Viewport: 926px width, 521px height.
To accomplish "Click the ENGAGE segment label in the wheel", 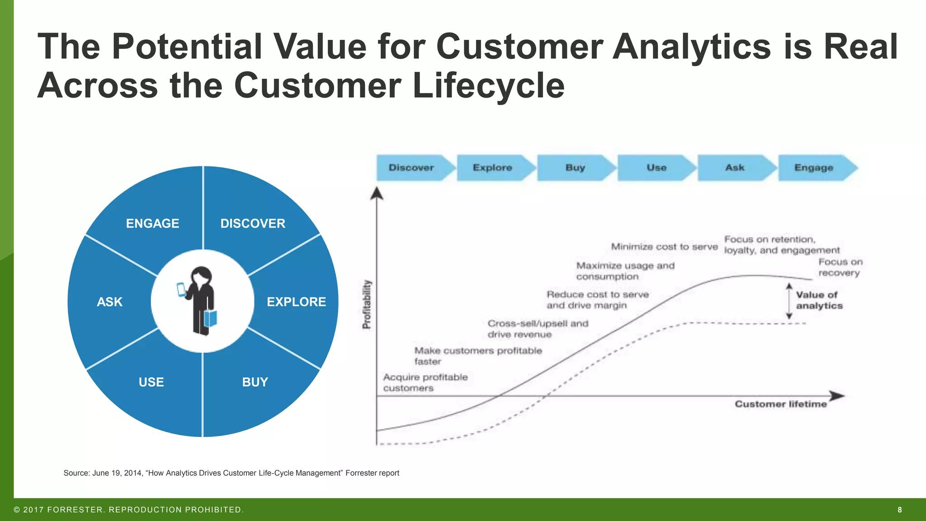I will point(152,223).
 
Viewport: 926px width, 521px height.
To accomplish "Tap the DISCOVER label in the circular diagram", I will point(253,223).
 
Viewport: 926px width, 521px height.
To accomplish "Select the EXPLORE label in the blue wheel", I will point(296,302).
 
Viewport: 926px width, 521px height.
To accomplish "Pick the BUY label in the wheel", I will point(255,382).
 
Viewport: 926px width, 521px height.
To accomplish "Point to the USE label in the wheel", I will point(151,382).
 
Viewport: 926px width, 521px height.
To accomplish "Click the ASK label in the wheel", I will point(109,302).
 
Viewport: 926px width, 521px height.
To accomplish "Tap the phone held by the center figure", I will point(181,289).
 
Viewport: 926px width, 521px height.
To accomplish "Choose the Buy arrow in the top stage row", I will point(575,168).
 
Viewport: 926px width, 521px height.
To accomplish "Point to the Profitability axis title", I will point(367,304).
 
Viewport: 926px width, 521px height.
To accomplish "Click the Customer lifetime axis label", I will point(780,404).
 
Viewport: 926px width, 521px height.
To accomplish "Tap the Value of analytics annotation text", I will point(819,300).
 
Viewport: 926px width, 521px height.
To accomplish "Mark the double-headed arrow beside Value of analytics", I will point(789,301).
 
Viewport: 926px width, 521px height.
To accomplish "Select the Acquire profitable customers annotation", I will point(425,383).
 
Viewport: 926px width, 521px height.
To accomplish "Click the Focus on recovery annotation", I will point(840,267).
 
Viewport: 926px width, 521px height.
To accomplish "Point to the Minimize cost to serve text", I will point(664,247).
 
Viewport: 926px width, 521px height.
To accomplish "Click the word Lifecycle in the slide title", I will point(488,85).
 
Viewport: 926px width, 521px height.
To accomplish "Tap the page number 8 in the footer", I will point(900,510).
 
